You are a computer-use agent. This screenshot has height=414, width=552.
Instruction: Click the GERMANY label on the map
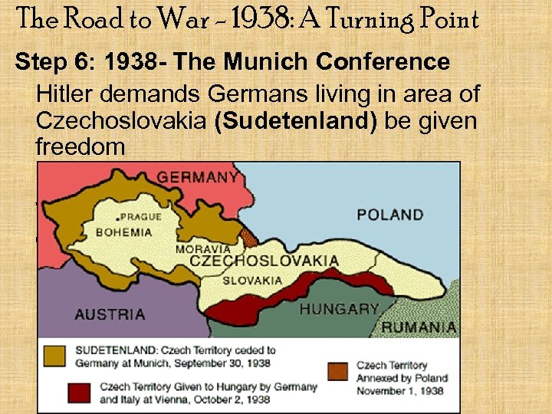197,177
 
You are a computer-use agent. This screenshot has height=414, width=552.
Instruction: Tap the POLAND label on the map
389,215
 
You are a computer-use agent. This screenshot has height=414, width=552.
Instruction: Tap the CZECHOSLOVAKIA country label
264,261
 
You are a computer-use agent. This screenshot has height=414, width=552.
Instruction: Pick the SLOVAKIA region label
253,280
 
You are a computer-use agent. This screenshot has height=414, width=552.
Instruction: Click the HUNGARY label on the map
339,310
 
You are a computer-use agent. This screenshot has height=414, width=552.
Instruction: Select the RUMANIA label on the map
419,327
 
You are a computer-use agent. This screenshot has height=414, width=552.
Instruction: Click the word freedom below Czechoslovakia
80,146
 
